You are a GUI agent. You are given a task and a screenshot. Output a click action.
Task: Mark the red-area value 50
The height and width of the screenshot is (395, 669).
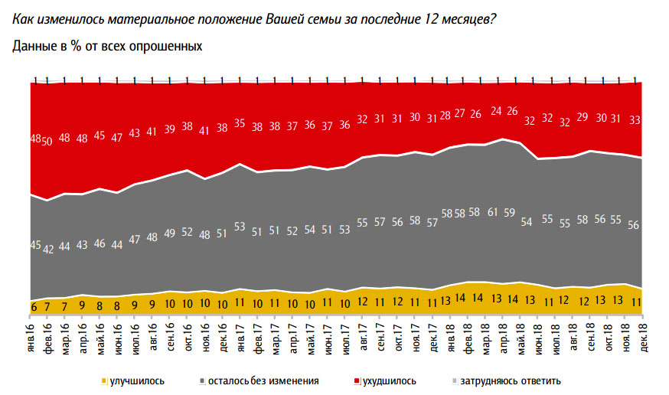point(47,141)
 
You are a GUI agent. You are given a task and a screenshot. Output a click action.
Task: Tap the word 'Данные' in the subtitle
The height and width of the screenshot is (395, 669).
point(33,47)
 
